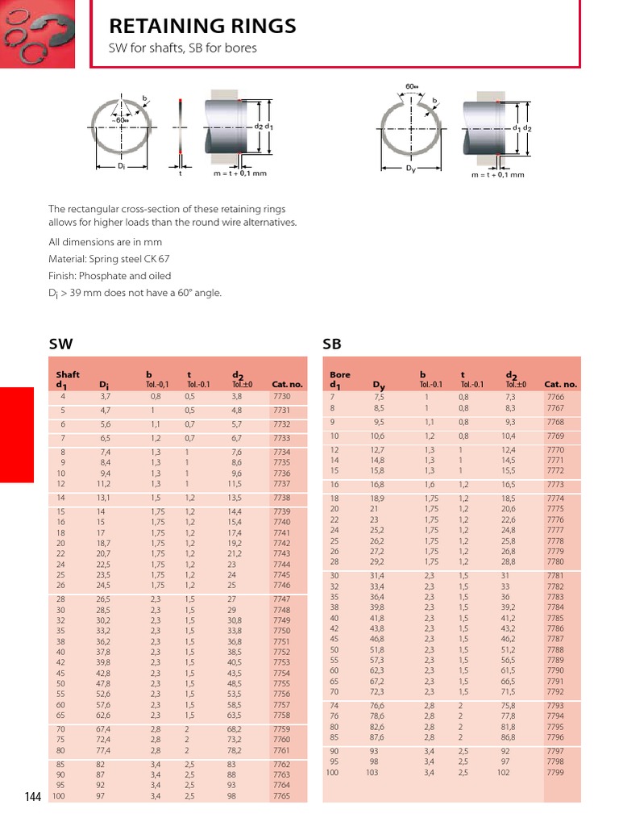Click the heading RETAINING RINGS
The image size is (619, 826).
[202, 27]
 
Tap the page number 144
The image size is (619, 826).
[32, 797]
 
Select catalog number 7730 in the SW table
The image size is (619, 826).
[281, 397]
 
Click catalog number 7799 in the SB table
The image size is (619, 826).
[555, 773]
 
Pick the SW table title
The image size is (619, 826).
[61, 344]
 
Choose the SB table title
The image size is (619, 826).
[332, 344]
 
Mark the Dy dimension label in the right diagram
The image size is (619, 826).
[411, 168]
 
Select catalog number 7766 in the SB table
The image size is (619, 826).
[555, 397]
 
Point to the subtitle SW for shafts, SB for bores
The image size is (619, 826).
[183, 48]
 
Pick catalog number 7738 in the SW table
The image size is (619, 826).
[281, 499]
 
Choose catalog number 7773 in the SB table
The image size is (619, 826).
[555, 485]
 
